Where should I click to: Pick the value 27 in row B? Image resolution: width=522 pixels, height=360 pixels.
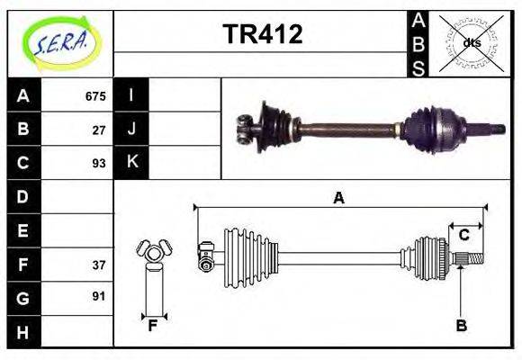click(99, 130)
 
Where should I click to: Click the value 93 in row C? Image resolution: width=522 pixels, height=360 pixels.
click(99, 163)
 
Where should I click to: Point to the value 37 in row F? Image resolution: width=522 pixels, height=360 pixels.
click(99, 265)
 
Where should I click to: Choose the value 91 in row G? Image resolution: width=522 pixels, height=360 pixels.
click(99, 295)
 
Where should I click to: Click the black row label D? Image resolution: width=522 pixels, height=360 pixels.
click(23, 196)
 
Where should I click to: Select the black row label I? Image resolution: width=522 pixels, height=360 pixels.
click(131, 95)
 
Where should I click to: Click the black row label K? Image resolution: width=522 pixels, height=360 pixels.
click(131, 162)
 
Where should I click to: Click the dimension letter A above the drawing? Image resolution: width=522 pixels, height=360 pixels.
click(338, 198)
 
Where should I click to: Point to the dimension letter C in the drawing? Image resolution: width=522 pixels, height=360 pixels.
click(463, 235)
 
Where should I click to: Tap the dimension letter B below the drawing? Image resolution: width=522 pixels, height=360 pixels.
click(461, 326)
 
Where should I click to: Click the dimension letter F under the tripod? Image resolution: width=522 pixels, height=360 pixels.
click(154, 326)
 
